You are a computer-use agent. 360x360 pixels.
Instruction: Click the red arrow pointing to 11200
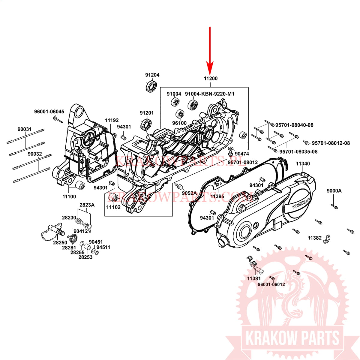coord(210,51)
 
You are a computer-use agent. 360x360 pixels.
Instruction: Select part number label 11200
coord(211,79)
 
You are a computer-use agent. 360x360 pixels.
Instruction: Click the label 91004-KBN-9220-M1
coord(209,94)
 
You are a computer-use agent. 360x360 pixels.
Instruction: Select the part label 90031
coord(25,129)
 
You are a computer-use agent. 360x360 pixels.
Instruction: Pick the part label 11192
coord(112,120)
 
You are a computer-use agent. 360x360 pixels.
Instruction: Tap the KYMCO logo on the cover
coord(301,203)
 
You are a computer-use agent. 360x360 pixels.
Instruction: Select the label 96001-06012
coord(271,284)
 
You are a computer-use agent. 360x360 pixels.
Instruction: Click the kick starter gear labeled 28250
coord(53,232)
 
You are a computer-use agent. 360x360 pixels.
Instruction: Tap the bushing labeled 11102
coord(113,198)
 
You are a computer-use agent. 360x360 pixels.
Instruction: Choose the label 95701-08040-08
coord(294,125)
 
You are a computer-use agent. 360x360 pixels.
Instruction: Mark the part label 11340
coord(303,164)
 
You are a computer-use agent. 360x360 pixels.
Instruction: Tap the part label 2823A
coord(87,205)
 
